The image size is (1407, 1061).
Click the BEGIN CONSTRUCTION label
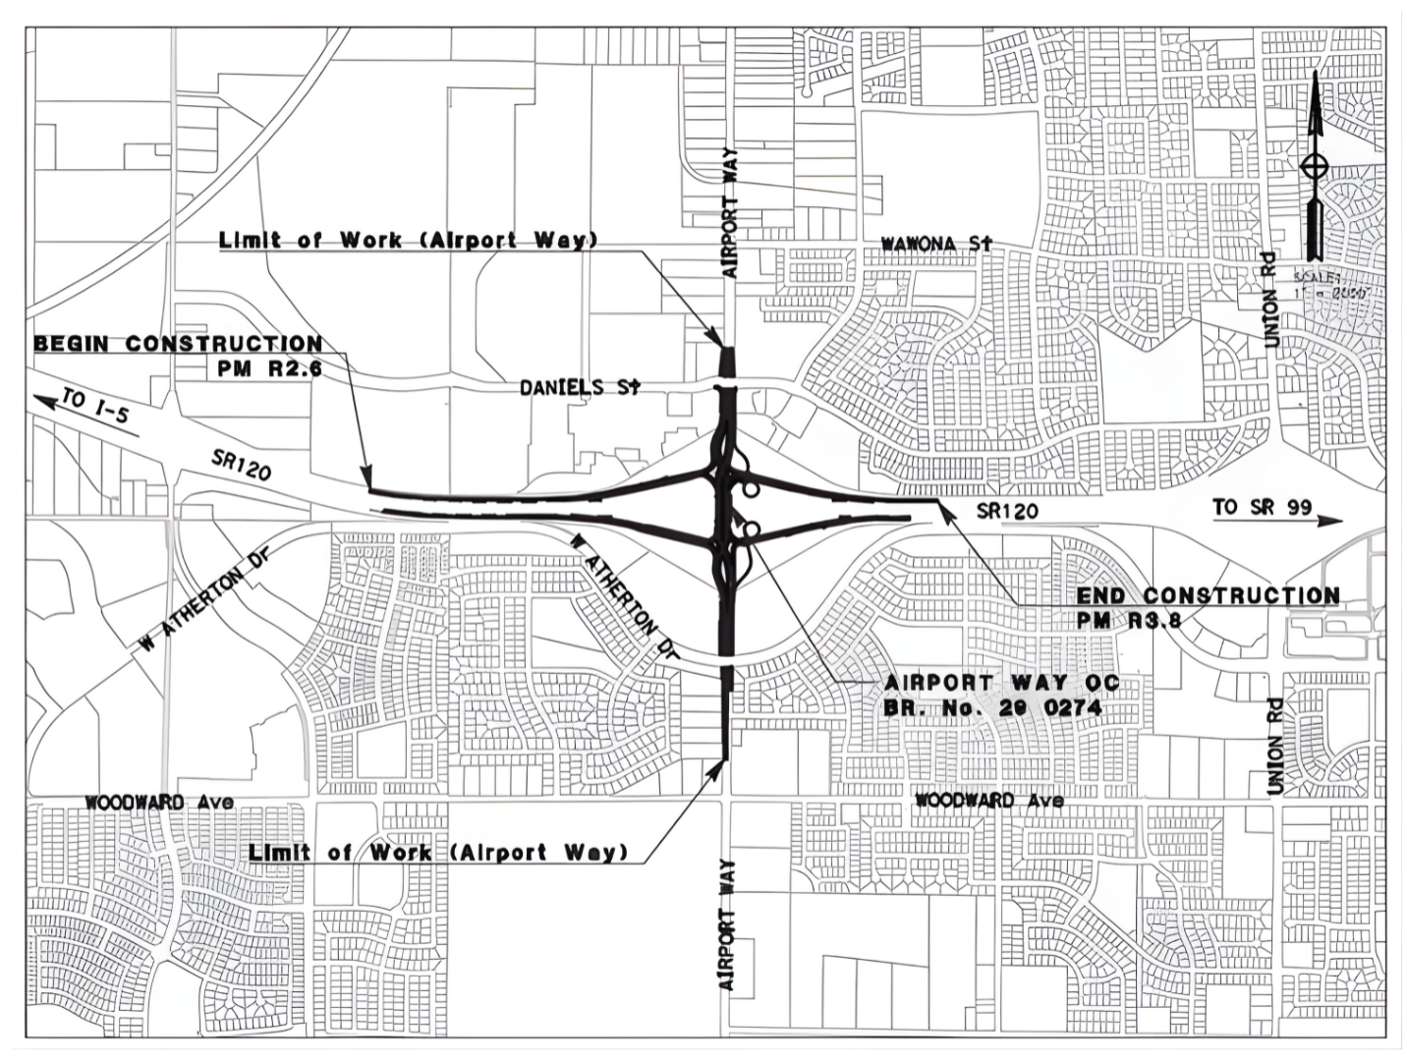(x=178, y=344)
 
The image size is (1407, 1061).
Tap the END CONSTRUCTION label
(x=1208, y=595)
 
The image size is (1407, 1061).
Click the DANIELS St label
(x=580, y=387)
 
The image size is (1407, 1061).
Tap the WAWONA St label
(x=936, y=243)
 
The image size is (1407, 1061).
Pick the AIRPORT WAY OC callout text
(x=1001, y=683)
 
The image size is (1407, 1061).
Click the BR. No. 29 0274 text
(x=992, y=707)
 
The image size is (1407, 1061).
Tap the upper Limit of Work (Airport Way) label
(x=408, y=240)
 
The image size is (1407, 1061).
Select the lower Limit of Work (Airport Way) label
(x=437, y=852)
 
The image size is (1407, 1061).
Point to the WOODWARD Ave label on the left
(x=159, y=802)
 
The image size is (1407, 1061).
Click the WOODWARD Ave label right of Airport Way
(x=988, y=800)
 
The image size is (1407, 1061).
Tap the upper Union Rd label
(x=1270, y=299)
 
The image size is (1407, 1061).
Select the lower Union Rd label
(x=1274, y=746)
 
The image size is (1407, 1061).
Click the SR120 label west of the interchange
(x=241, y=465)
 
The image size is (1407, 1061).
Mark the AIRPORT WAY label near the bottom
(x=727, y=923)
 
